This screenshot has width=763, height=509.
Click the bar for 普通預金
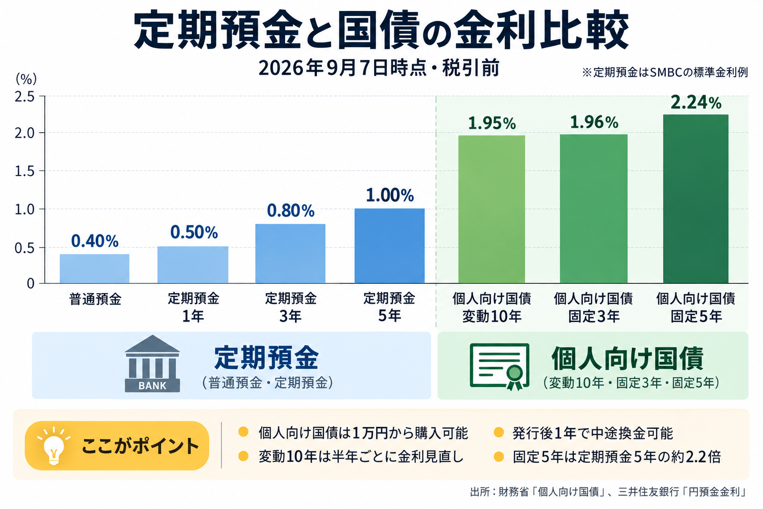pos(94,268)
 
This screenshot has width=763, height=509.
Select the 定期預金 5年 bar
pos(389,246)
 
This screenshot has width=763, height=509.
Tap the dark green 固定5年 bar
pos(695,199)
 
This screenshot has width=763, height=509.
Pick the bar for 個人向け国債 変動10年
pos(491,209)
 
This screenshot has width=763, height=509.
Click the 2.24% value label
pos(696,102)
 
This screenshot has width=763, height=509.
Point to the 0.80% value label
pos(291,211)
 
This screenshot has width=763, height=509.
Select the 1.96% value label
pos(594,122)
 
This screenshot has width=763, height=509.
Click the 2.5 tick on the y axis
pos(24,97)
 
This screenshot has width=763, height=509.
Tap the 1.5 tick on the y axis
pos(24,171)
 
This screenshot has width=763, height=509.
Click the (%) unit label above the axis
pos(26,79)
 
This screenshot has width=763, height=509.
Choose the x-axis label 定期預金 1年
pos(193,307)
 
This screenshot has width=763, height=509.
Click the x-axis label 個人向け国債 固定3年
pos(594,307)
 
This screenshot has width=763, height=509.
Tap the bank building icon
pos(153,363)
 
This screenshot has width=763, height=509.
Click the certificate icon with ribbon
pos(499,366)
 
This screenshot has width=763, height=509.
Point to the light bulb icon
pos(54,445)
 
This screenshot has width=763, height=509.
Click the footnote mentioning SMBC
pos(665,72)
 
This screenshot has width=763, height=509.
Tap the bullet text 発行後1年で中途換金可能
pos(593,433)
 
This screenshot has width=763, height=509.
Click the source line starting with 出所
pos(609,492)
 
